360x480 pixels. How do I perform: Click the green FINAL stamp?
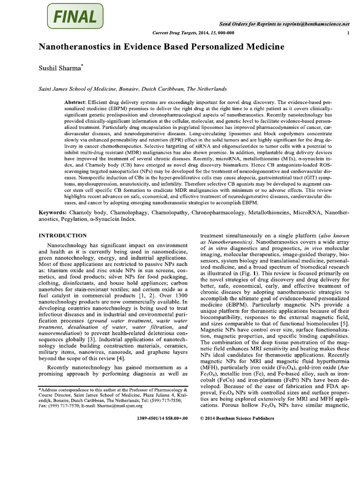(x=75, y=17)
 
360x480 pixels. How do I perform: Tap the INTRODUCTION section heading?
(x=62, y=235)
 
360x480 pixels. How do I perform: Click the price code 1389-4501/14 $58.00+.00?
(x=162, y=418)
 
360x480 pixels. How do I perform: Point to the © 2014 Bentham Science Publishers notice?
(x=239, y=418)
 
